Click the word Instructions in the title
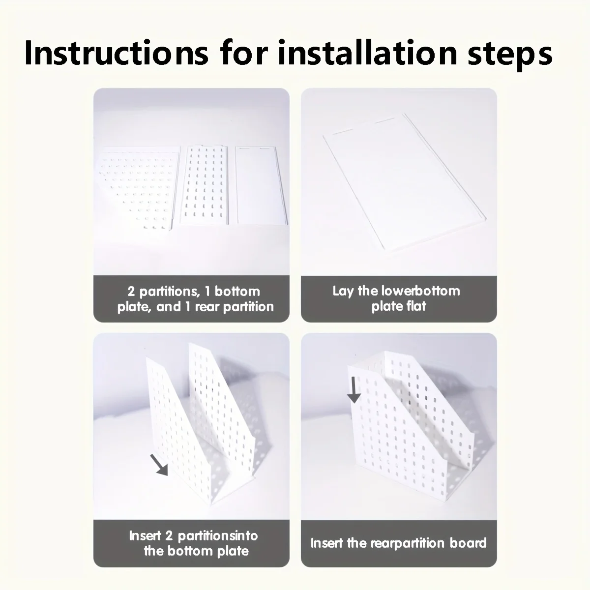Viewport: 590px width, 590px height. (x=117, y=53)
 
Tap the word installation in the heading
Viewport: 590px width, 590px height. (x=367, y=53)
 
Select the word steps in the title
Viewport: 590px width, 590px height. (x=510, y=55)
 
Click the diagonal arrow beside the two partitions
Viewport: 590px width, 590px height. (x=159, y=465)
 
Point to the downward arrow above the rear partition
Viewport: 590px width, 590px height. (x=354, y=390)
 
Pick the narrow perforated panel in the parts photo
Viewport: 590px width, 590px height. (x=205, y=185)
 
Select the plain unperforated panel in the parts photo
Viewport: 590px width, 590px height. (x=261, y=185)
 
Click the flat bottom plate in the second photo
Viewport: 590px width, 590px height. (x=404, y=182)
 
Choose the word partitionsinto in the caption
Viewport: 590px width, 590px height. (x=218, y=536)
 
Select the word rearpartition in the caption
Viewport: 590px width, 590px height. (x=407, y=543)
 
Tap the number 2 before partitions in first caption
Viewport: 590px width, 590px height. (x=131, y=292)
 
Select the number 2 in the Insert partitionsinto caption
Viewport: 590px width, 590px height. (x=169, y=536)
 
